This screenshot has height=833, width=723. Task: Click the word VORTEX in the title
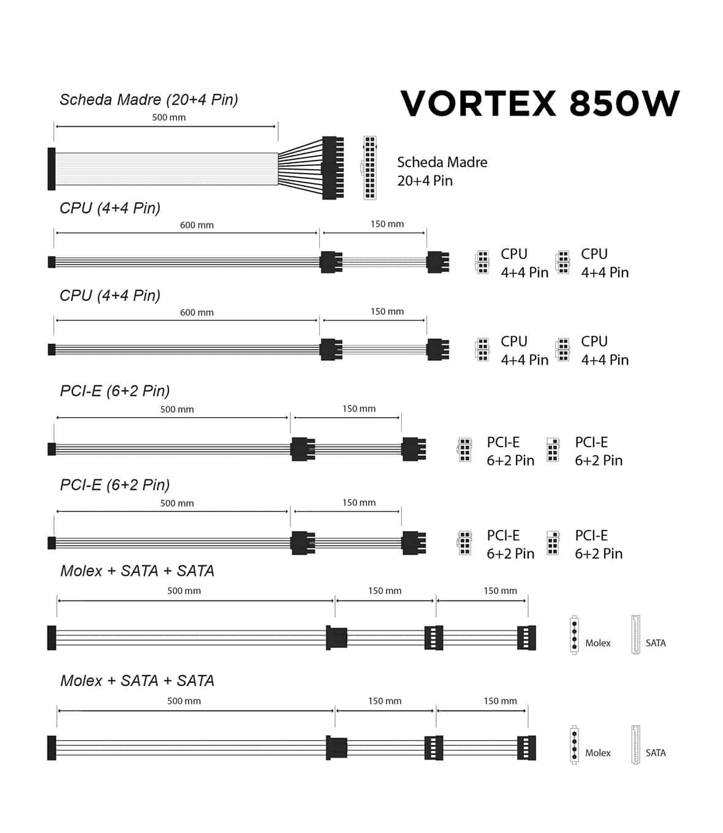[478, 104]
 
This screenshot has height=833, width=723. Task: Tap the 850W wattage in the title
[624, 104]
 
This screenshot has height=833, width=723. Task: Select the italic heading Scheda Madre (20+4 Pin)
[149, 100]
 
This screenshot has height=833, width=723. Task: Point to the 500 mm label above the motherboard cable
[168, 117]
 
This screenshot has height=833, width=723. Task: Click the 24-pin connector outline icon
[369, 168]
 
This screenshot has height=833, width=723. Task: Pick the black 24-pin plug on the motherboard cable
[332, 168]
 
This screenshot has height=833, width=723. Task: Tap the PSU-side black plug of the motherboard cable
[51, 168]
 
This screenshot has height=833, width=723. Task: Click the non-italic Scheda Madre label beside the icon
[442, 162]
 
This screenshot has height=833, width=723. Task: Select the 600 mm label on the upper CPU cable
[197, 225]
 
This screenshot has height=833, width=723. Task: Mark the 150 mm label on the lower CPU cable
[387, 312]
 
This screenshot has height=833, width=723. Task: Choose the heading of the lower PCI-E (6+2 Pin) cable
[115, 484]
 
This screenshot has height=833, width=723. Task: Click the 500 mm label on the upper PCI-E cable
[177, 409]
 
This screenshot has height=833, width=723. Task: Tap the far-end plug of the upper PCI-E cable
[414, 449]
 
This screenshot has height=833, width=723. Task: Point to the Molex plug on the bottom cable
[336, 747]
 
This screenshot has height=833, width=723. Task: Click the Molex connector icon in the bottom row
[574, 745]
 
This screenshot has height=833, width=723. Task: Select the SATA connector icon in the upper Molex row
[635, 635]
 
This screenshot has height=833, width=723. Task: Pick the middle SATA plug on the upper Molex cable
[433, 638]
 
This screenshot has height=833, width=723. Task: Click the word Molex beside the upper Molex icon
[597, 643]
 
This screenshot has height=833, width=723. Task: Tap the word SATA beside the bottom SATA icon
[656, 753]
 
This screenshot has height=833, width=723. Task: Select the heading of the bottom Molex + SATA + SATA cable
[137, 680]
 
